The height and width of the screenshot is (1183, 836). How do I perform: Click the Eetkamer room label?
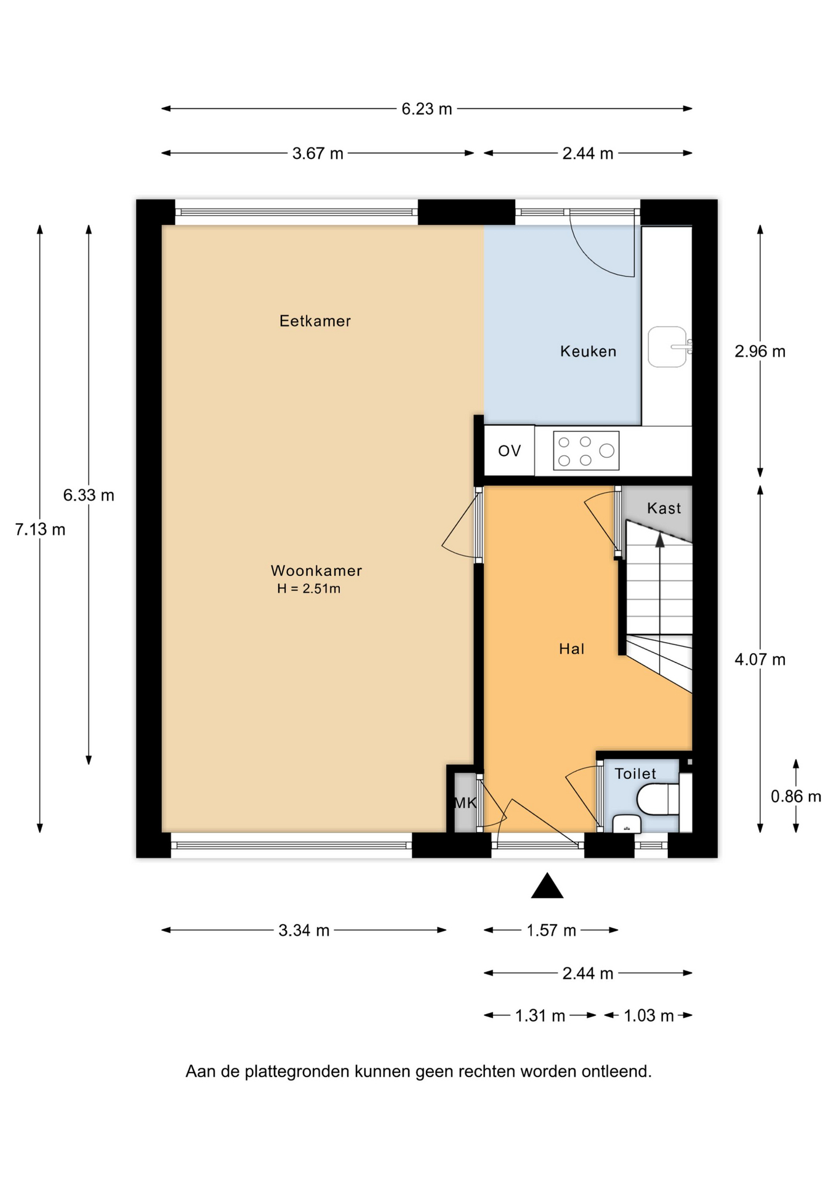pyautogui.click(x=315, y=321)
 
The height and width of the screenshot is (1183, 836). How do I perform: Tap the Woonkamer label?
pyautogui.click(x=316, y=571)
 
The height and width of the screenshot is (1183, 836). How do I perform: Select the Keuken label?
pyautogui.click(x=588, y=351)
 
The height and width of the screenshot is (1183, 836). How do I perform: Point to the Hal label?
pyautogui.click(x=571, y=648)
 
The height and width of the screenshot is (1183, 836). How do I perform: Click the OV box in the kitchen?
pyautogui.click(x=509, y=450)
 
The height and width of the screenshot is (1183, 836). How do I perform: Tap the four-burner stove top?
pyautogui.click(x=585, y=450)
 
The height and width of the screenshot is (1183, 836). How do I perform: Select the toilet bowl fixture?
pyautogui.click(x=657, y=799)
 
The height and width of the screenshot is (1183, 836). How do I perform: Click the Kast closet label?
pyautogui.click(x=664, y=508)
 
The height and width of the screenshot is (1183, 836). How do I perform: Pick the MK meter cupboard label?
pyautogui.click(x=465, y=803)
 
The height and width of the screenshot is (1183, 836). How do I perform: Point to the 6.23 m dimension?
pyautogui.click(x=427, y=109)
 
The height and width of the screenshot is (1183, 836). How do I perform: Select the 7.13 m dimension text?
pyautogui.click(x=40, y=529)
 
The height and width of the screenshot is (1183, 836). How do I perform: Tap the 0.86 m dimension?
pyautogui.click(x=796, y=797)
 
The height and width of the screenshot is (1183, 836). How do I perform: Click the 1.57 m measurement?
pyautogui.click(x=551, y=930)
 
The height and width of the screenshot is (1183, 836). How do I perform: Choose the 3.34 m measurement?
pyautogui.click(x=303, y=930)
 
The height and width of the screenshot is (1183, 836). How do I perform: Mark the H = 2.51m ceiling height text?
pyautogui.click(x=308, y=588)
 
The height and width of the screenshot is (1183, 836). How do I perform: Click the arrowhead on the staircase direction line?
pyautogui.click(x=660, y=540)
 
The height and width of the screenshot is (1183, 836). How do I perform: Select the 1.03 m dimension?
pyautogui.click(x=649, y=1015)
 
